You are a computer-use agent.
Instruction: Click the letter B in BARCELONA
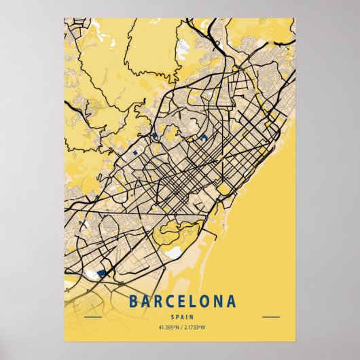coord(132,301)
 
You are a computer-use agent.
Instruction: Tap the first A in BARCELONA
coord(145,301)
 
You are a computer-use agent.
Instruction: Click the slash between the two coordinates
coord(180,327)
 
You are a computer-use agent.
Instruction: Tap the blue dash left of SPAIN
coord(92,317)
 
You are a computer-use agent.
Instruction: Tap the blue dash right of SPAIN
coord(270,317)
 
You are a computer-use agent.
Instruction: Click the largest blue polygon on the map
coord(103,272)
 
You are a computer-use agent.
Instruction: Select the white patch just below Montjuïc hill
coord(174,253)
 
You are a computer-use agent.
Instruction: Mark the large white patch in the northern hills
coord(184,48)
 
